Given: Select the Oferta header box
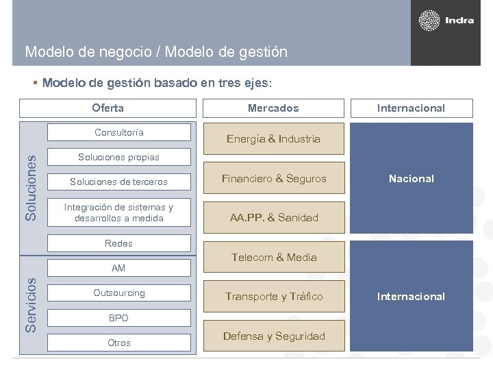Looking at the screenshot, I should (x=108, y=108).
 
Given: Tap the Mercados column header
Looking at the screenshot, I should (x=273, y=108).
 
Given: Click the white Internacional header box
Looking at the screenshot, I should (x=411, y=108).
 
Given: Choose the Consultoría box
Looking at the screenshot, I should (x=119, y=132).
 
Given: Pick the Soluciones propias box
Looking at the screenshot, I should (x=119, y=157).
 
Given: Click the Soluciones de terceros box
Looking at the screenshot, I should (x=119, y=182).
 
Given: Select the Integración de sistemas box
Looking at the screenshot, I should (x=119, y=212).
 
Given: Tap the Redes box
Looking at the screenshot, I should (x=119, y=243).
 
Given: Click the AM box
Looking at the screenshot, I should (x=119, y=268).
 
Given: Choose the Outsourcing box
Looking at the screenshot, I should (x=119, y=293).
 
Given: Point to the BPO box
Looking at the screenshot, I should (x=119, y=318).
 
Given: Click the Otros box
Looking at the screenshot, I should (x=119, y=343).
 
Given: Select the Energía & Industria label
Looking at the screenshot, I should (x=274, y=139).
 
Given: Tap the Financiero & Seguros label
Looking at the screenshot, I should (x=274, y=178).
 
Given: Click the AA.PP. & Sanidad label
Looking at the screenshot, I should (x=274, y=218).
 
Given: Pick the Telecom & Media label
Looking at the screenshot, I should (x=274, y=257).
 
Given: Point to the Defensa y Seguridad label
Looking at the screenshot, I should (x=274, y=336).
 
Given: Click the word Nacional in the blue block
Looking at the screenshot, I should (x=411, y=178).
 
